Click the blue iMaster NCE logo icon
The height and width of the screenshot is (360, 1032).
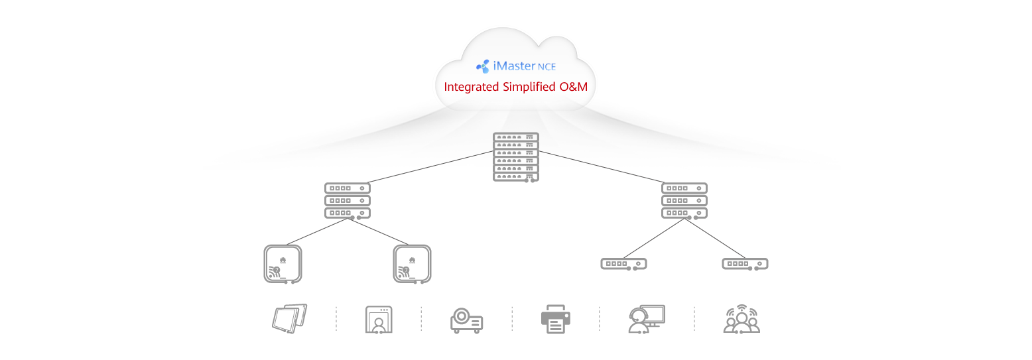coord(483,66)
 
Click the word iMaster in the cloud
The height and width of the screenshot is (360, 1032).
coord(514,66)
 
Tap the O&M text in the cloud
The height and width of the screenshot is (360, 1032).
coord(572,87)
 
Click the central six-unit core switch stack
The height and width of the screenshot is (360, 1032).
coord(515,157)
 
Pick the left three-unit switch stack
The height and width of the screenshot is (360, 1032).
coord(347,200)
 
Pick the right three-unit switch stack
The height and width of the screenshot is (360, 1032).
coord(684,200)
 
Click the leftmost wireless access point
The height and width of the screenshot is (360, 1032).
coord(283,264)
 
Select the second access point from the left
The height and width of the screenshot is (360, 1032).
coord(412,264)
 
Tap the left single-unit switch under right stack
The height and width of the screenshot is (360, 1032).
coord(623,264)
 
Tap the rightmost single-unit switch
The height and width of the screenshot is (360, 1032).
coord(745,264)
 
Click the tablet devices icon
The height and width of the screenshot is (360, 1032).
coord(290,319)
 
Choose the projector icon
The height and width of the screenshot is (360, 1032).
coord(466,320)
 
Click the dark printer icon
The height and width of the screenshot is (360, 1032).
coord(555,319)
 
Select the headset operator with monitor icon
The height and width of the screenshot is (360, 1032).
coord(646,319)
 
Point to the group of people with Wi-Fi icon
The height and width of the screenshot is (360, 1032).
coord(741,319)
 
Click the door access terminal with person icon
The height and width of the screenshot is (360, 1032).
coord(378,320)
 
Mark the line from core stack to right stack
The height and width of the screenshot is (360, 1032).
coord(600,167)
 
